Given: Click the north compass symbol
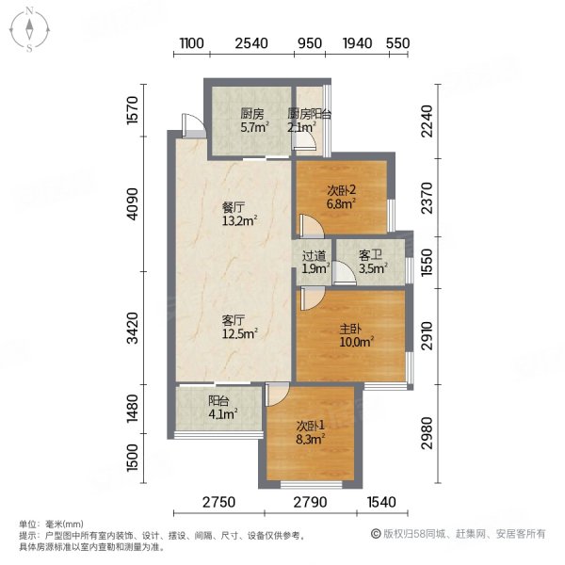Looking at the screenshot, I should tap(30, 29).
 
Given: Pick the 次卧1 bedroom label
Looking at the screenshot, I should tap(312, 423).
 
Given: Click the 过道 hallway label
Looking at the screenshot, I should tap(314, 255).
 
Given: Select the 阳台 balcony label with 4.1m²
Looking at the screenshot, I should tap(219, 400).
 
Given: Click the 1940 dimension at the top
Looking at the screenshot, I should tap(358, 43).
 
